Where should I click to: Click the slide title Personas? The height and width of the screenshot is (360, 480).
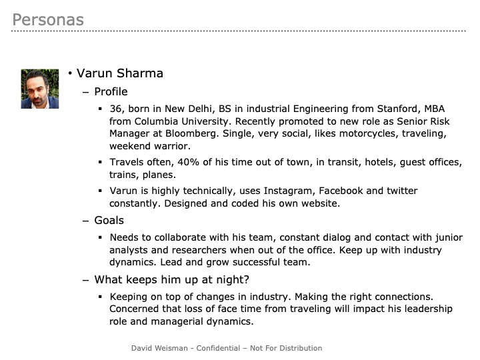(48, 20)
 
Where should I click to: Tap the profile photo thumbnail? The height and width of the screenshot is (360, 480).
(40, 89)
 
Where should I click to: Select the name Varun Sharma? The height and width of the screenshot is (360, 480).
(120, 73)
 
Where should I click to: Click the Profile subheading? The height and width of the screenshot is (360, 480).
(111, 92)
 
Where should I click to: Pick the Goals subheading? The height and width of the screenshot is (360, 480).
(109, 221)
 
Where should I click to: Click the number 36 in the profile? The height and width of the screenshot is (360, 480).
(116, 107)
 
